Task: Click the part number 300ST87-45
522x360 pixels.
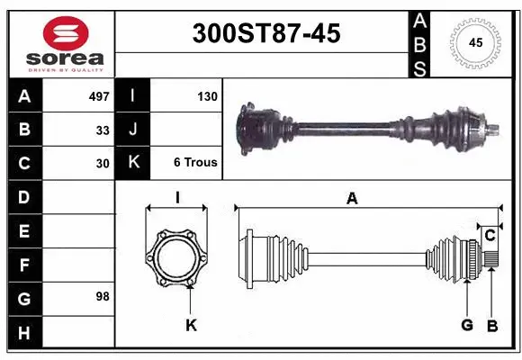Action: (x=266, y=33)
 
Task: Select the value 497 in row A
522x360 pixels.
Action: (x=98, y=95)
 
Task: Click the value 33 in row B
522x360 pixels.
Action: (x=103, y=130)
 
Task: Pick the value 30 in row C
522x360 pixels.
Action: (x=103, y=164)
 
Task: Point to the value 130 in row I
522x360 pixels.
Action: (x=207, y=95)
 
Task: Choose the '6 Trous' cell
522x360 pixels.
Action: (x=195, y=163)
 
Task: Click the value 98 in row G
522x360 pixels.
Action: (x=102, y=296)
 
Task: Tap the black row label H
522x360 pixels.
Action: (x=23, y=332)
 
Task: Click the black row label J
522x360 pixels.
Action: (x=132, y=130)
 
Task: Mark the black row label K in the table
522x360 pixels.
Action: (x=132, y=163)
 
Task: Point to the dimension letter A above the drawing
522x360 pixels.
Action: (x=352, y=199)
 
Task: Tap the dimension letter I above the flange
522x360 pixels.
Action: (x=178, y=198)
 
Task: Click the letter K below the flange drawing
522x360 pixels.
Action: (x=191, y=324)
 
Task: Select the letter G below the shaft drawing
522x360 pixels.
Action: (x=467, y=324)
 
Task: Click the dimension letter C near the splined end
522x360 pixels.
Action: (x=490, y=235)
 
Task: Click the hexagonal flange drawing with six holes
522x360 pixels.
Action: (x=177, y=259)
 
